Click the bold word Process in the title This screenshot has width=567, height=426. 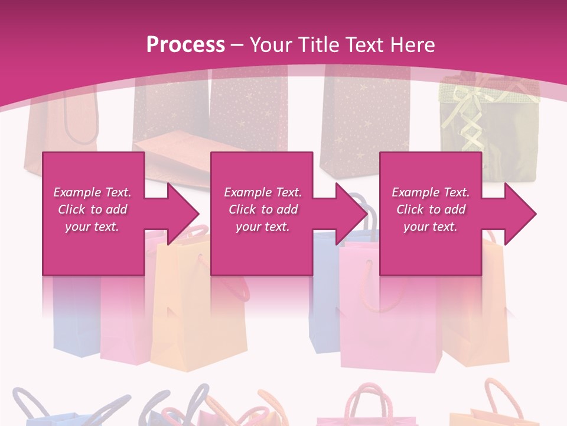pyautogui.click(x=185, y=45)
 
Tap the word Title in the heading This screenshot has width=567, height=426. pyautogui.click(x=315, y=45)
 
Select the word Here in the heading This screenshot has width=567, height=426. pyautogui.click(x=413, y=45)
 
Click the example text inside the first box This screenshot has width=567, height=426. pyautogui.click(x=93, y=209)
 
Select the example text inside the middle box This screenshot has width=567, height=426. pyautogui.click(x=263, y=209)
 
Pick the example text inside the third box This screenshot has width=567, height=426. pyautogui.click(x=431, y=209)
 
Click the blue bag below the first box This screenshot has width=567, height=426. pyautogui.click(x=74, y=319)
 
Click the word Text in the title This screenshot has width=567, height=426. pyautogui.click(x=365, y=45)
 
